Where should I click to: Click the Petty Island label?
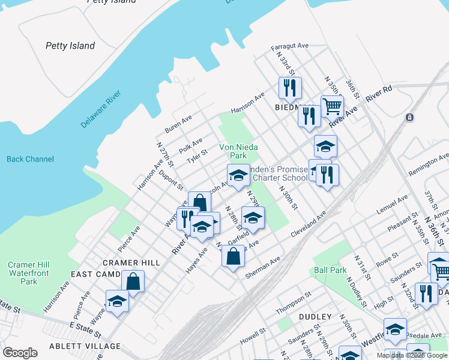coord(70,46)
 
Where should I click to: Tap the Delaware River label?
coord(101,109)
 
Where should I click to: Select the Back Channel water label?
coord(30,159)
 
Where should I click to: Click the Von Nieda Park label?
coord(233,151)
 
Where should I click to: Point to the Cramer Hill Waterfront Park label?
coord(28,273)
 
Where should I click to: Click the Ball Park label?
coord(330,270)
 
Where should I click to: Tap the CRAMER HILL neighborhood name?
coord(131,263)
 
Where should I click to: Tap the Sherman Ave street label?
coord(262,268)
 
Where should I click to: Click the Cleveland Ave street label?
coord(308,223)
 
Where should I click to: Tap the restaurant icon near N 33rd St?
coord(290,88)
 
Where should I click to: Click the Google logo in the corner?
coord(20,353)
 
